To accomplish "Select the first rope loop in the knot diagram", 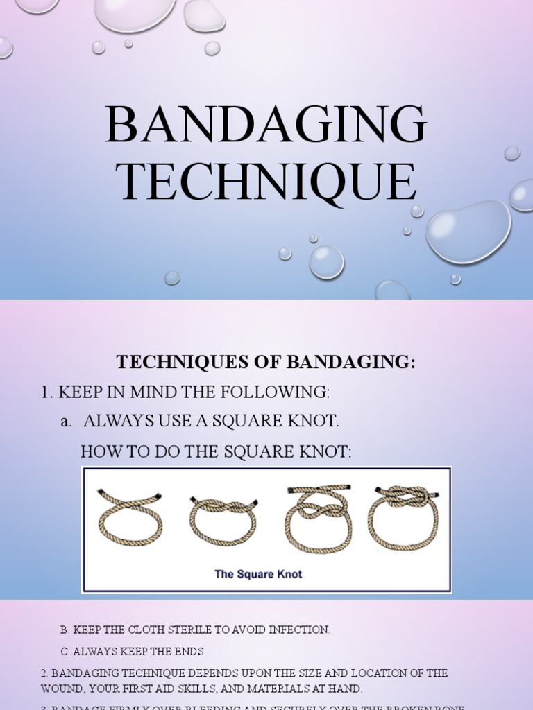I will coord(130,518).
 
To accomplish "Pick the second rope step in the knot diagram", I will coord(223,520).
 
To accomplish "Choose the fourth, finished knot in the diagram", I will coord(405,517).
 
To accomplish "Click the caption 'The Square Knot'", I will coord(258,574).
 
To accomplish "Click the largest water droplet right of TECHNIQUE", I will coord(468,231).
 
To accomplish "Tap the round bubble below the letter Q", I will coord(326,262).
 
